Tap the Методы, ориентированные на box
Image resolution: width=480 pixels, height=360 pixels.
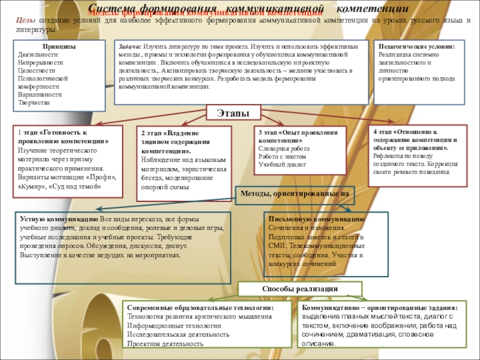click(295, 193)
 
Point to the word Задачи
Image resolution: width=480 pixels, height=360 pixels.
click(130, 46)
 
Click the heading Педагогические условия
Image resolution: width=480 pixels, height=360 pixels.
click(416, 46)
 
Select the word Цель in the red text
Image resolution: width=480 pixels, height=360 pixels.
click(25, 20)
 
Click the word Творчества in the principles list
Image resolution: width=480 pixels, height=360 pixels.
click(34, 103)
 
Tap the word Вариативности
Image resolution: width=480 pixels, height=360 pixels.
click(40, 94)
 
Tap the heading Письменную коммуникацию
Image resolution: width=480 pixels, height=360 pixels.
click(316, 220)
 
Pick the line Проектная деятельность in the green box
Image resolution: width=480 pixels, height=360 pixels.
click(165, 344)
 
